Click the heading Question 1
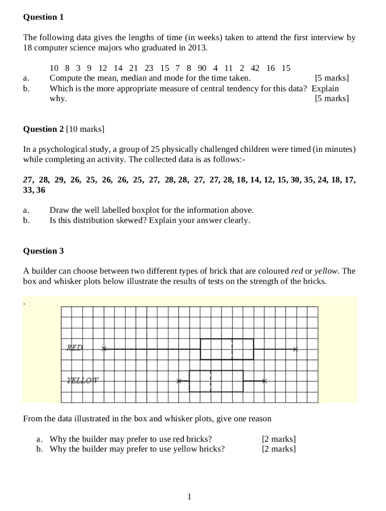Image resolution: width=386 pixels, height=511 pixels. click(43, 17)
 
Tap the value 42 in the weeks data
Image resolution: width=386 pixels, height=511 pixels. click(255, 68)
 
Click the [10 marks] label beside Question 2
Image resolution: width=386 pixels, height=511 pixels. click(85, 129)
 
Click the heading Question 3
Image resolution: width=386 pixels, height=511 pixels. click(43, 251)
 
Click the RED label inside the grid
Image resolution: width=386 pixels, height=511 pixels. click(75, 347)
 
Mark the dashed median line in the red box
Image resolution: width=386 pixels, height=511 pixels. click(232, 349)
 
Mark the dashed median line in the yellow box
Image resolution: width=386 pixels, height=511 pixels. click(211, 381)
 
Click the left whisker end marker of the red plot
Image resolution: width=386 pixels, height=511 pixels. click(104, 349)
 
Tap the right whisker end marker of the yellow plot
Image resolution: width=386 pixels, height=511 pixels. click(264, 381)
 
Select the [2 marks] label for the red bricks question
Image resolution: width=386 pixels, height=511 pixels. click(279, 439)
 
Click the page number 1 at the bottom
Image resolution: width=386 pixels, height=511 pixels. click(189, 496)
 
